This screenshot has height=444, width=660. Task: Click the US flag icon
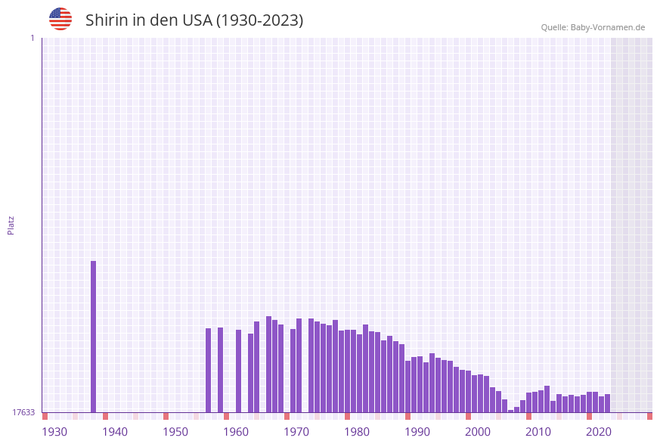[x=60, y=19]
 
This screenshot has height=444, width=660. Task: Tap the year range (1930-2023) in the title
[x=259, y=20]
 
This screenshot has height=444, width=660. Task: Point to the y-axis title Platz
[x=11, y=225]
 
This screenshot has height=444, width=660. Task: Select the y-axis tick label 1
[x=32, y=38]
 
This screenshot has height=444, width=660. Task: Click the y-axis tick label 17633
[x=23, y=412]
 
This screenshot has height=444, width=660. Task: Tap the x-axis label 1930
[x=54, y=432]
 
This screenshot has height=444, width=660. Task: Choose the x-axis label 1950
[x=175, y=432]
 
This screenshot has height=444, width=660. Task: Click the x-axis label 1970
[x=296, y=432]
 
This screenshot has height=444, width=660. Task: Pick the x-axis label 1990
[x=417, y=432]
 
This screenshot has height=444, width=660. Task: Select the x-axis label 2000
[x=478, y=432]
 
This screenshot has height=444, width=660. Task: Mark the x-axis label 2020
[x=599, y=432]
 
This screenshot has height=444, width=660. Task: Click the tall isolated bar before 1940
[x=94, y=337]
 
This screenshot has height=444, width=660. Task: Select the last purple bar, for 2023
[x=608, y=403]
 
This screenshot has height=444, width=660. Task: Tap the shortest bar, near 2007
[x=511, y=411]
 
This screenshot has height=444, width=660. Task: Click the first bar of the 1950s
[x=209, y=370]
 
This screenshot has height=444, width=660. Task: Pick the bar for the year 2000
[x=481, y=393]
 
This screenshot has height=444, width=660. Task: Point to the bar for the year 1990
[x=420, y=384]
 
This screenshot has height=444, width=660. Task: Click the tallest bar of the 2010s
[x=547, y=399]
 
